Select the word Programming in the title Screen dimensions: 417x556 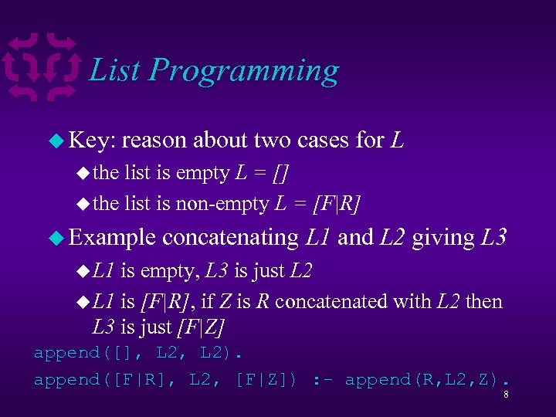(x=244, y=72)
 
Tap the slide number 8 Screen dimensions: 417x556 (x=505, y=395)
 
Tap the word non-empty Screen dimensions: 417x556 (x=225, y=205)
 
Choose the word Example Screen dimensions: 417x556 (x=113, y=238)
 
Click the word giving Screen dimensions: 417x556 (x=443, y=238)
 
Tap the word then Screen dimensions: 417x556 (x=484, y=301)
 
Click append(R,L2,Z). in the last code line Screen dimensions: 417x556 (x=427, y=380)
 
